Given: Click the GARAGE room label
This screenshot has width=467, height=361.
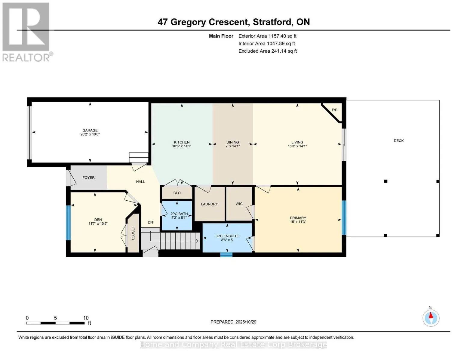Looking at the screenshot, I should pos(90,130).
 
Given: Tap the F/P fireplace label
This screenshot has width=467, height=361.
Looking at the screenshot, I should pos(334,110).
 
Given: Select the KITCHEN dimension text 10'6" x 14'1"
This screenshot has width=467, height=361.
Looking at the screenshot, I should pos(182,146).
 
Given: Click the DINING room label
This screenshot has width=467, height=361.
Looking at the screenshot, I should pos(232,142).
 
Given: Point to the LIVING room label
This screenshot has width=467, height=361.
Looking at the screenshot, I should pos(297,142).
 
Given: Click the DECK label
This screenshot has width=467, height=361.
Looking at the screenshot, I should pos(398,141).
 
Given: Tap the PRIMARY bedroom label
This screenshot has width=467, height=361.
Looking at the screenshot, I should pos(298,218).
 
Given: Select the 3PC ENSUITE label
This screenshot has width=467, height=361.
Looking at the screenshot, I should pos(227,236).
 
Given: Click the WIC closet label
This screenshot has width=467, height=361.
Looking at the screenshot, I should pos(239,204).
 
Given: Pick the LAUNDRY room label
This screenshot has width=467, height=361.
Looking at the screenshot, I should pos(209,204).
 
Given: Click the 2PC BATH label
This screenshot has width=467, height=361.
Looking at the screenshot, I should pos(179,214).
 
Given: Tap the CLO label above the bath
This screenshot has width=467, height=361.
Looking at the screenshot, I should pos(177,193).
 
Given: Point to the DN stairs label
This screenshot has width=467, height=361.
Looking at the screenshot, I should pos(150,223).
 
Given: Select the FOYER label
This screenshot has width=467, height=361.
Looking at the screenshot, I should pos(88,178).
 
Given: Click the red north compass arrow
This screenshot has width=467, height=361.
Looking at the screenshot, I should pos(431,316).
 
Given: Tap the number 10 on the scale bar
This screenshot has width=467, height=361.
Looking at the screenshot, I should pos(86,318).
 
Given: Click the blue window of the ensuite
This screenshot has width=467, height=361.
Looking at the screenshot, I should pos(226,255).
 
